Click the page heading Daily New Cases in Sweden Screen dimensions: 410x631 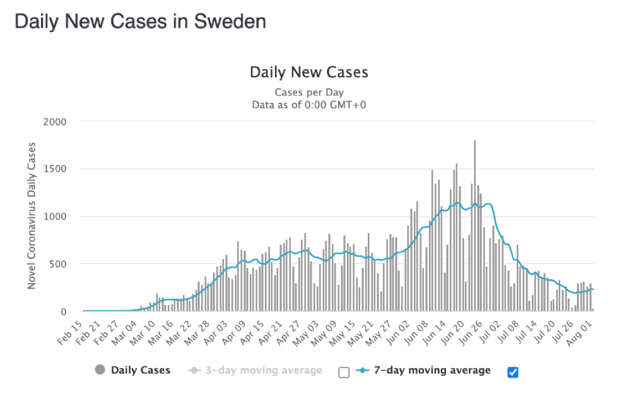pyautogui.click(x=140, y=21)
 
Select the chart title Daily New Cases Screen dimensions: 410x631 pyautogui.click(x=309, y=72)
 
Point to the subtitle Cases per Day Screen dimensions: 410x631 pyautogui.click(x=309, y=92)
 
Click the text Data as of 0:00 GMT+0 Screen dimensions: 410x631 pyautogui.click(x=309, y=104)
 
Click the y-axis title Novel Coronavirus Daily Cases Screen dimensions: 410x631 pyautogui.click(x=32, y=217)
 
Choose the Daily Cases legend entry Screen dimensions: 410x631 pyautogui.click(x=140, y=370)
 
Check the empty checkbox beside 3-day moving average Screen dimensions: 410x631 pyautogui.click(x=343, y=372)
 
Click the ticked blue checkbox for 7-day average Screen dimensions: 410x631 pyautogui.click(x=513, y=372)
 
